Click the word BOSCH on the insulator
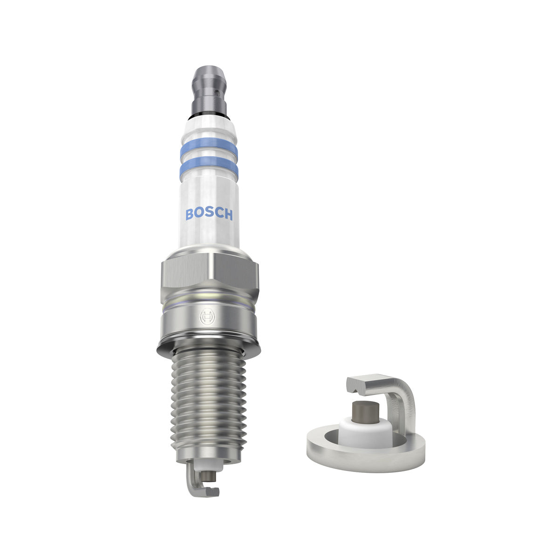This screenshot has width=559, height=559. (x=209, y=214)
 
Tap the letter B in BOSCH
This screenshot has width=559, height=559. (x=190, y=214)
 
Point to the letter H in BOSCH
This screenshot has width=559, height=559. (x=228, y=214)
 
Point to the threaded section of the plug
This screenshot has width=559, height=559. (x=209, y=401)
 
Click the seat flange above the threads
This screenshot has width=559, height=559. (x=209, y=345)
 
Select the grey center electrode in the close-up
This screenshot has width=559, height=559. (x=364, y=409)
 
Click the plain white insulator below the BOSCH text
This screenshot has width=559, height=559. (x=209, y=235)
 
